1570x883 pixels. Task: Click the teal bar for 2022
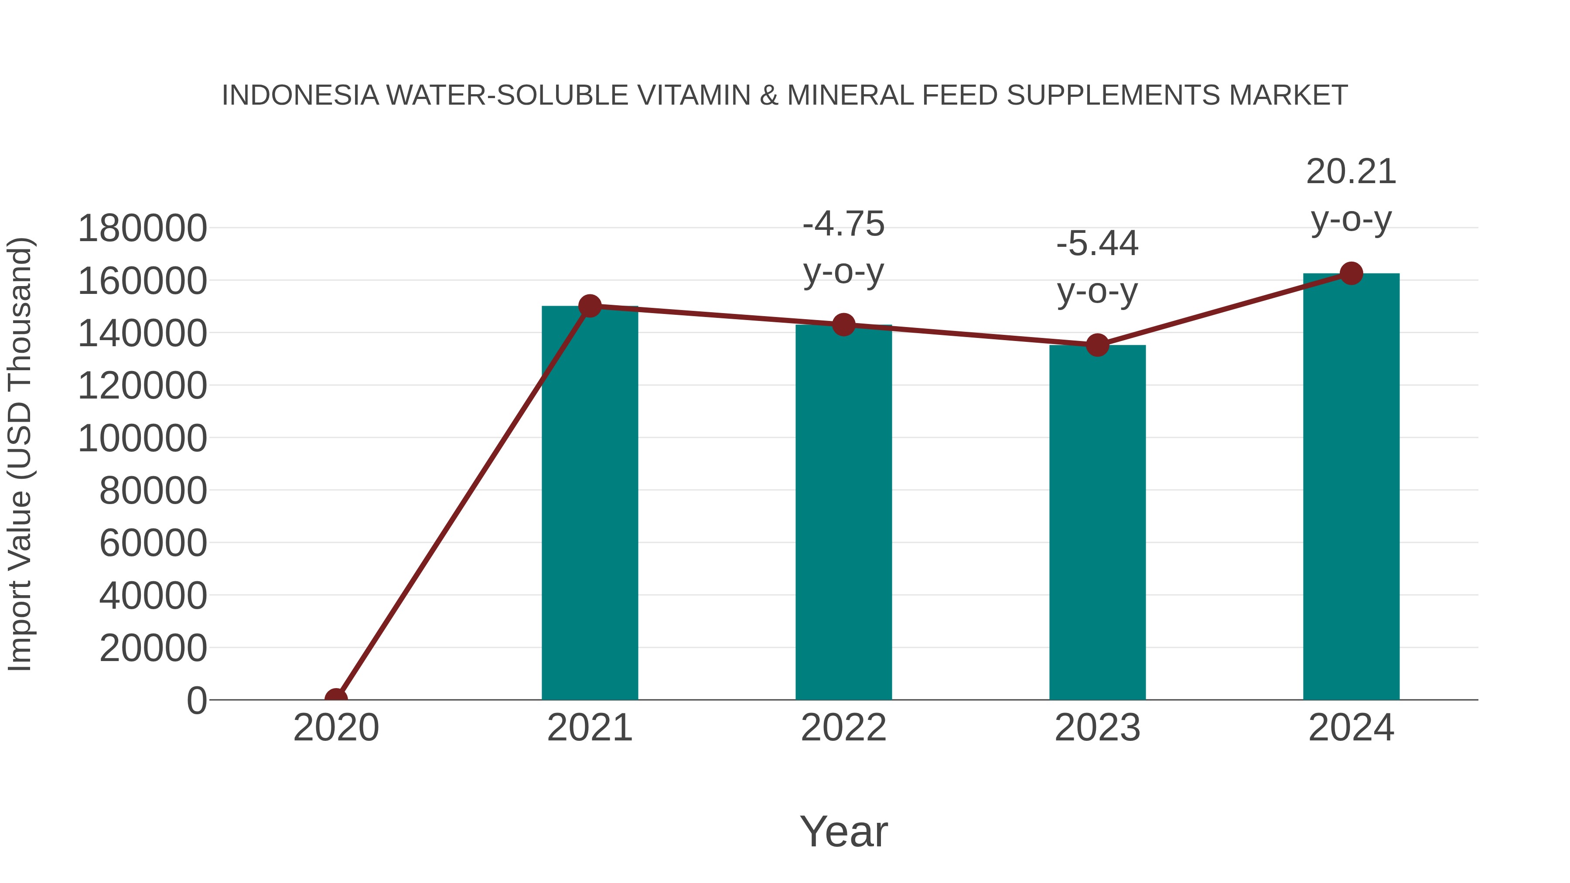pos(843,512)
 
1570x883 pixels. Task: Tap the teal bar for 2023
pos(1097,522)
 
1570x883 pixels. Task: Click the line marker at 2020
pos(336,699)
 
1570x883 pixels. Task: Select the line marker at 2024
pos(1351,273)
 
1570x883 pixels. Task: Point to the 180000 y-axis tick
pos(143,228)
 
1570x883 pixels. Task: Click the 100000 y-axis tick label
pos(143,438)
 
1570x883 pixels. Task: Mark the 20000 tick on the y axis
pos(153,648)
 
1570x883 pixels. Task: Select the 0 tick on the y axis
pos(197,700)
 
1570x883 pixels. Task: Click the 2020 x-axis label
pos(336,728)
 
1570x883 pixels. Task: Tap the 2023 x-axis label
pos(1097,728)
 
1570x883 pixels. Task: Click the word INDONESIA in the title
pos(300,95)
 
